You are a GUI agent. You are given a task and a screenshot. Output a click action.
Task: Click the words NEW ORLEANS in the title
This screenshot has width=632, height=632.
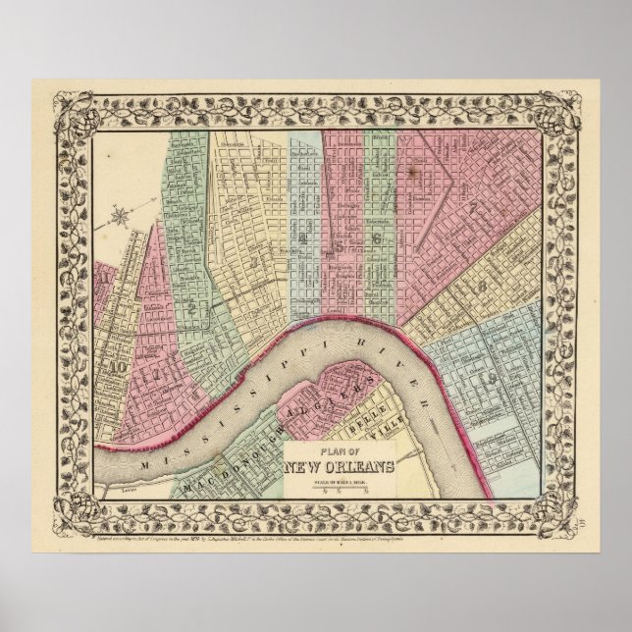[341, 464]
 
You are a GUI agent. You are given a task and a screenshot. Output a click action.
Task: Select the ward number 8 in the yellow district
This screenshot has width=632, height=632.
[483, 286]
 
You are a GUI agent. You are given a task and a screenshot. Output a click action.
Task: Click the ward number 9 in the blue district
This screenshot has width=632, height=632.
[488, 378]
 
